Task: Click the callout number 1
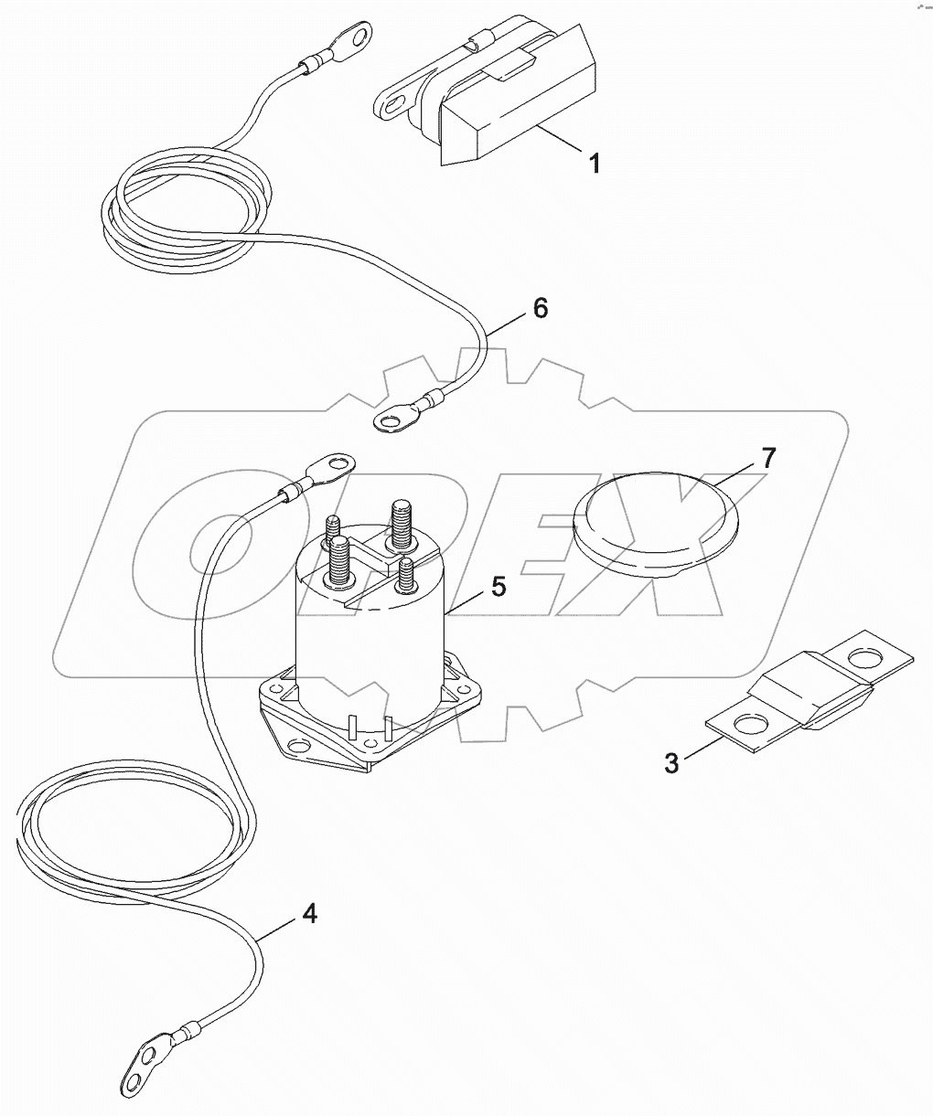click(594, 165)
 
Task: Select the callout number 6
click(540, 309)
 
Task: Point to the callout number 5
click(498, 587)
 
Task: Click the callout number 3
click(672, 762)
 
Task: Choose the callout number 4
click(310, 913)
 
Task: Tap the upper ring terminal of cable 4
click(331, 462)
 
